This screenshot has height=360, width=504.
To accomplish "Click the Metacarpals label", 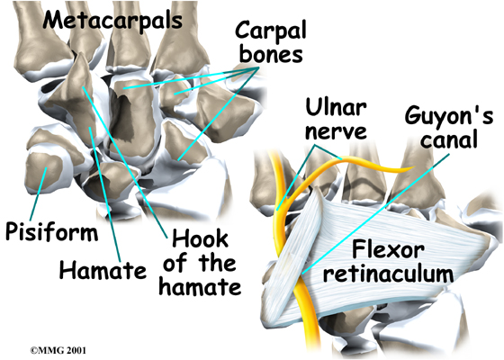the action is (112, 22).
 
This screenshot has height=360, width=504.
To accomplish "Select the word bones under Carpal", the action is (271, 55).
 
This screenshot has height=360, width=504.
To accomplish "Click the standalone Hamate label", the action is (103, 270).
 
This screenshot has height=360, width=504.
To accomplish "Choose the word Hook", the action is (200, 239).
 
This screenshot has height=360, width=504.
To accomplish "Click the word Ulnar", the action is (336, 108).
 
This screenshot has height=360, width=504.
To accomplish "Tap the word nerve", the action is (336, 131).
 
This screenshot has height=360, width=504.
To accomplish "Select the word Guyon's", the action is (449, 116).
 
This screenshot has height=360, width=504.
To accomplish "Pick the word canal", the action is (449, 140).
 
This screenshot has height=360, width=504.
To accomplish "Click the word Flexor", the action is (388, 250).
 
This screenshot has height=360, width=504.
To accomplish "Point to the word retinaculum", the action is (388, 274).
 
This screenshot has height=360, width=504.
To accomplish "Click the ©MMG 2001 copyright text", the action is (58, 350).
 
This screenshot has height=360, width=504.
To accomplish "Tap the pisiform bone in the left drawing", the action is (43, 172).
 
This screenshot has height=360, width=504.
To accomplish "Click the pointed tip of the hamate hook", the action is (81, 54).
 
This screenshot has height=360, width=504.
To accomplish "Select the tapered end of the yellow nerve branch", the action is (413, 167).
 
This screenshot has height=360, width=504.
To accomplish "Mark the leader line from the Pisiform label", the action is (39, 193).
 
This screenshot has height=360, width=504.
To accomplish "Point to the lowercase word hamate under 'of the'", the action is (200, 287).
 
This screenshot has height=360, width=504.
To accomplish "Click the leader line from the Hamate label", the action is (105, 194).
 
